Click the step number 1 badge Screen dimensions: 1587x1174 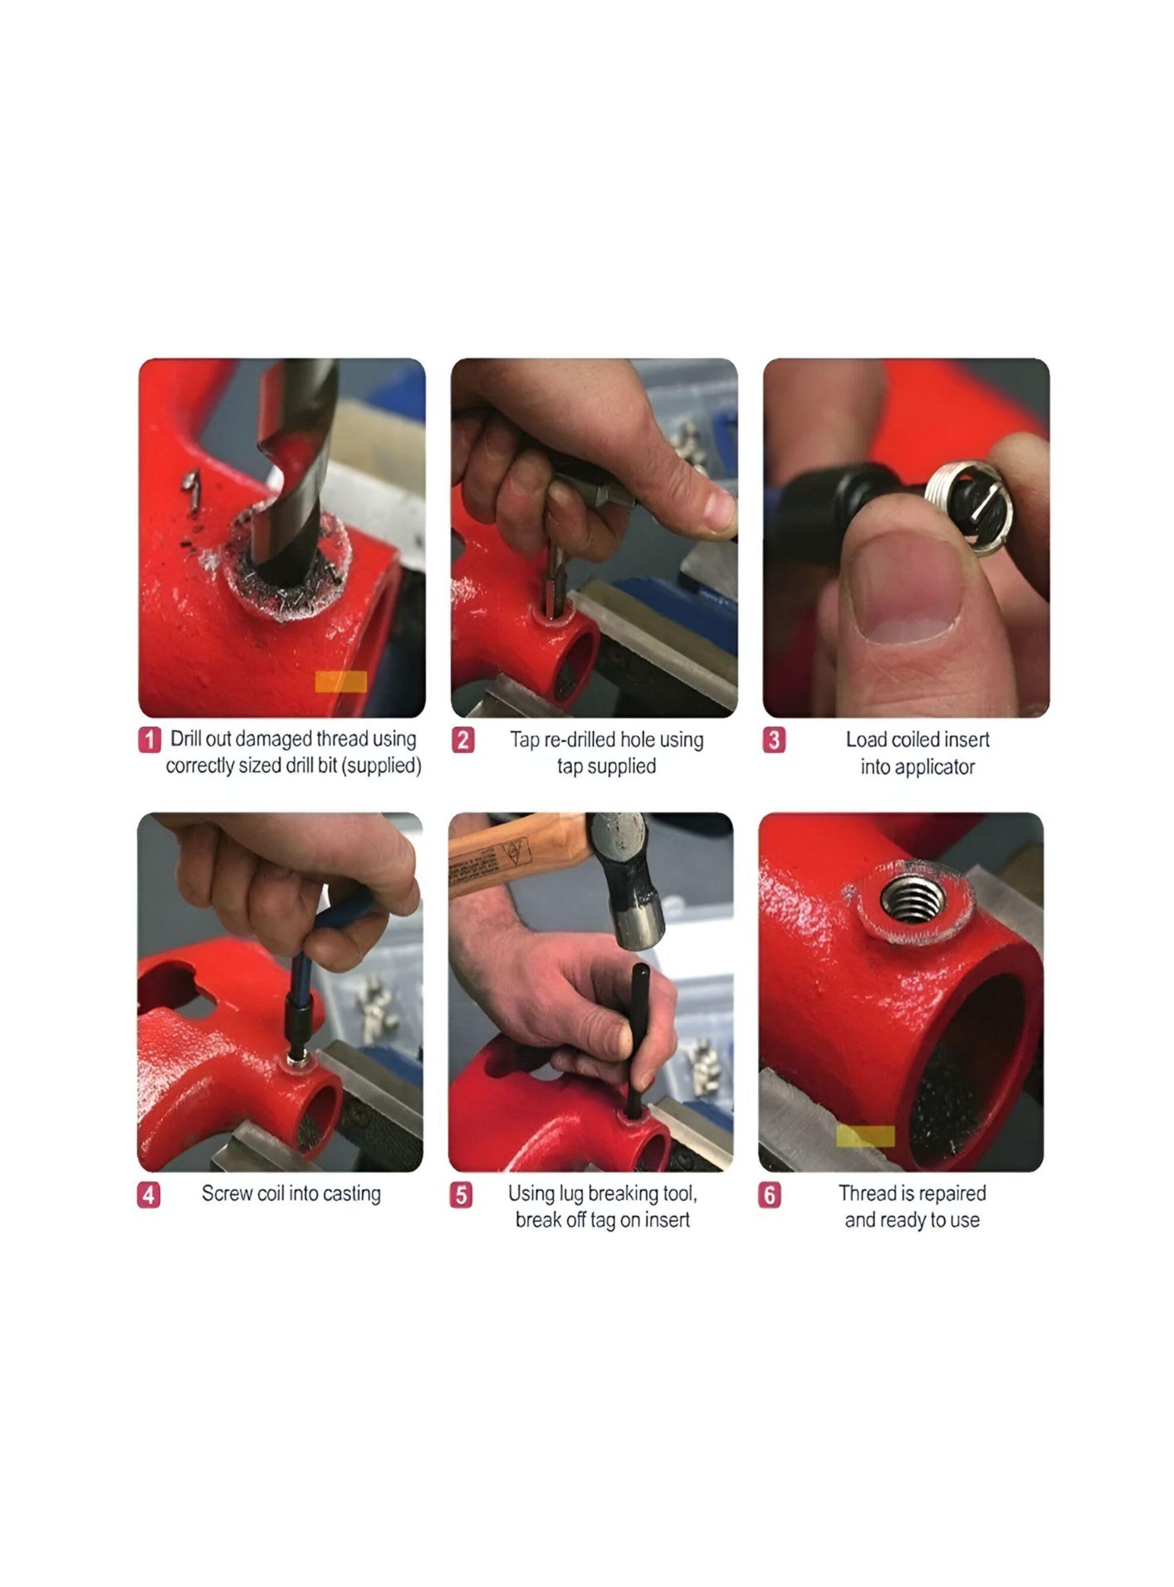point(149,740)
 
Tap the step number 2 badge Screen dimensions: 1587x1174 point(463,740)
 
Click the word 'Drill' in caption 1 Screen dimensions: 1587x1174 point(186,739)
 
